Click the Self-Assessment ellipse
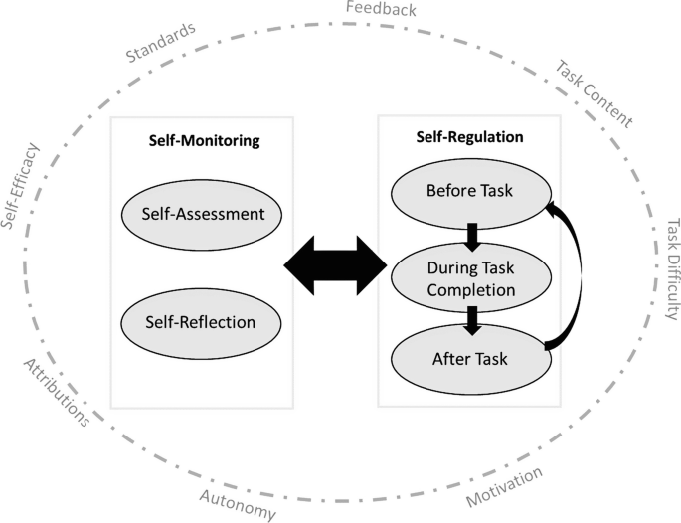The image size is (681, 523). pos(202,214)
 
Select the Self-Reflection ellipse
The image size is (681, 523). pos(202,322)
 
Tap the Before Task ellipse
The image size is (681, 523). pos(469,190)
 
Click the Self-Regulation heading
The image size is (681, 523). pos(469,136)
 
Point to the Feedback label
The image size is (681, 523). pos(381,11)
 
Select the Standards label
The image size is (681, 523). pos(162,42)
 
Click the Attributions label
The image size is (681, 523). pos(57,391)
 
